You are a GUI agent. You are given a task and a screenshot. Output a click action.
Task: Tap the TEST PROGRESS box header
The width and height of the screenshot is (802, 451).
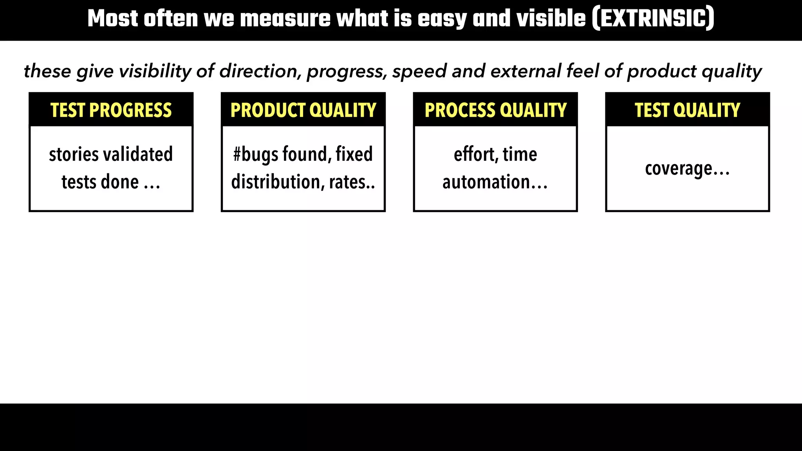click(x=111, y=110)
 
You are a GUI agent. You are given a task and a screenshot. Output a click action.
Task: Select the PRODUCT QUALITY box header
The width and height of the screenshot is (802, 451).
click(x=303, y=110)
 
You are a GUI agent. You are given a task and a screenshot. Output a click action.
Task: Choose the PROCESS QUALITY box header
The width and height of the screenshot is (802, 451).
click(x=495, y=110)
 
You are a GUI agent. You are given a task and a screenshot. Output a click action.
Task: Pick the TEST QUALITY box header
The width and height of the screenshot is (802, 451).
click(x=687, y=110)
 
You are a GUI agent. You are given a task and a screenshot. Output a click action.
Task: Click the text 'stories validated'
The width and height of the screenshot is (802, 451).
click(x=111, y=154)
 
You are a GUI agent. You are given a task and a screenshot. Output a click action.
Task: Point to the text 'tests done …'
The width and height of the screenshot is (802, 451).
click(x=111, y=182)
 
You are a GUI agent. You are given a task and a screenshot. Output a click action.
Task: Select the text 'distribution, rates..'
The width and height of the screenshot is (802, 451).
click(x=303, y=182)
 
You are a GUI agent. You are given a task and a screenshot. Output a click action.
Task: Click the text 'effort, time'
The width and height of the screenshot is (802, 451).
click(x=495, y=154)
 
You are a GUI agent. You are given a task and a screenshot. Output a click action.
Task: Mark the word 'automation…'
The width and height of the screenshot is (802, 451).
click(x=495, y=182)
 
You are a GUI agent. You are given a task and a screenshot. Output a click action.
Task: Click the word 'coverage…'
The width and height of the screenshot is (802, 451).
click(x=687, y=169)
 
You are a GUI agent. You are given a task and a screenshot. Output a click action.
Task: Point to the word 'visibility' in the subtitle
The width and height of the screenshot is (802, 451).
click(x=155, y=71)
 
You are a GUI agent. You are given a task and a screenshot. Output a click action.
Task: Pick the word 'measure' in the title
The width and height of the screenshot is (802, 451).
click(x=285, y=19)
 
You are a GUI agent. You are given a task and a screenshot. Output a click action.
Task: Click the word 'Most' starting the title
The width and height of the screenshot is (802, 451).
click(x=113, y=19)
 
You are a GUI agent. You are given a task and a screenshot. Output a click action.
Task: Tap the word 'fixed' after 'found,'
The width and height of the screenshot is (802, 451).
click(x=354, y=154)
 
